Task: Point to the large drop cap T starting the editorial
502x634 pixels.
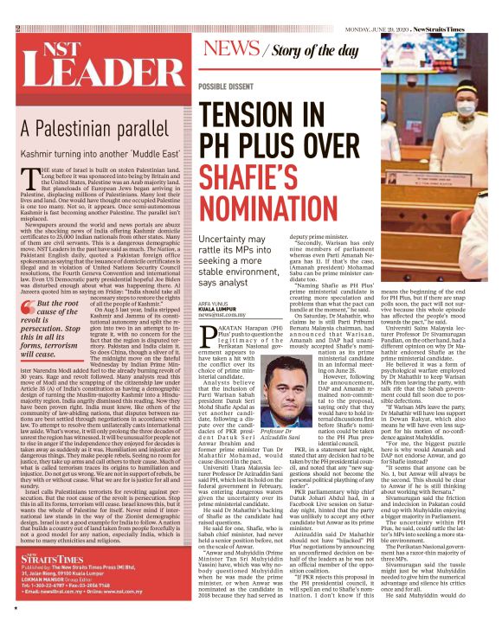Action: click(x=31, y=178)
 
